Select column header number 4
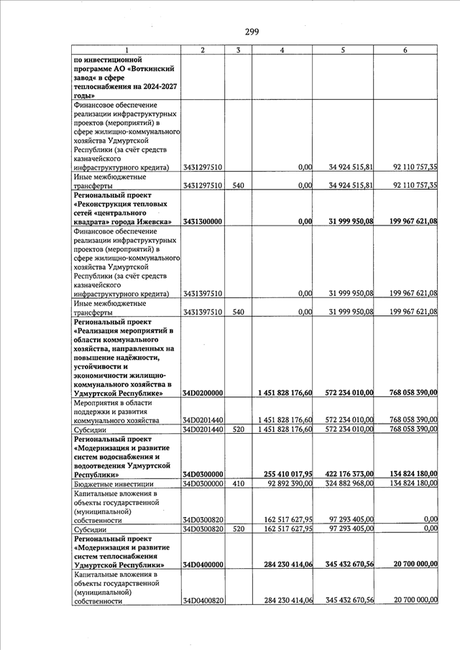pyautogui.click(x=282, y=50)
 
